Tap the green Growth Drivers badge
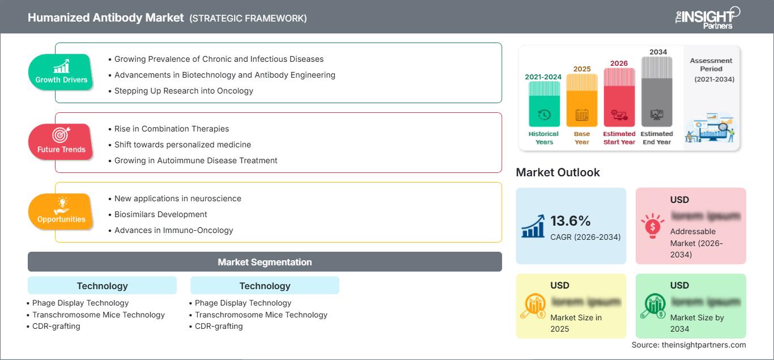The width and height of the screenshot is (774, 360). [x=61, y=73]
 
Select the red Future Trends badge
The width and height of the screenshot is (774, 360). [x=61, y=142]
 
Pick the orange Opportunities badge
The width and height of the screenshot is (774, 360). [x=61, y=212]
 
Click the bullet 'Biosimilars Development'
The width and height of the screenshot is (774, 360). [x=160, y=214]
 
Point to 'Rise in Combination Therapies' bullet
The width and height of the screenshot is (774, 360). [x=171, y=129]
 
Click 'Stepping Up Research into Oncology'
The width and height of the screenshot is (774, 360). [x=184, y=91]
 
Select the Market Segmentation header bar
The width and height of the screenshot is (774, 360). [x=265, y=262]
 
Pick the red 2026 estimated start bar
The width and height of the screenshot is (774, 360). [x=619, y=96]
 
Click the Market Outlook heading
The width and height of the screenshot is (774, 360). [x=558, y=172]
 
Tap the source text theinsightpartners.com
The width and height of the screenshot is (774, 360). [x=688, y=345]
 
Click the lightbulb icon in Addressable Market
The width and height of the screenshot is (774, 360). [x=653, y=226]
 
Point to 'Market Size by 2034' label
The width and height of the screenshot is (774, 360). [x=697, y=323]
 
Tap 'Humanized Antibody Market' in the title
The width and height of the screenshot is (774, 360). [x=106, y=18]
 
